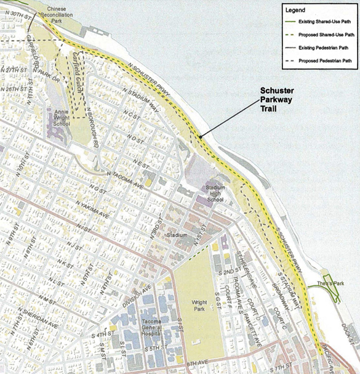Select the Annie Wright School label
tap(61, 117)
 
